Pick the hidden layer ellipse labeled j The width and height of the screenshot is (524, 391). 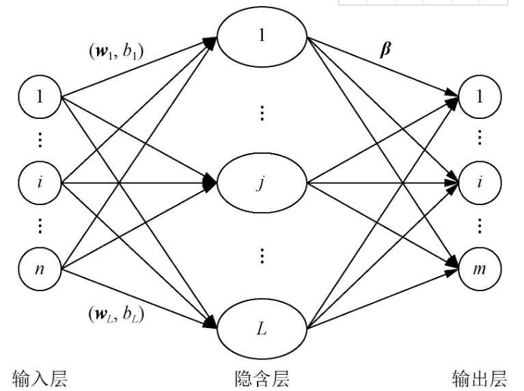click(262, 183)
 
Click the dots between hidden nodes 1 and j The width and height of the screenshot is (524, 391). click(262, 113)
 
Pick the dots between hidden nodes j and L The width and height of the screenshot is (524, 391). click(262, 256)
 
